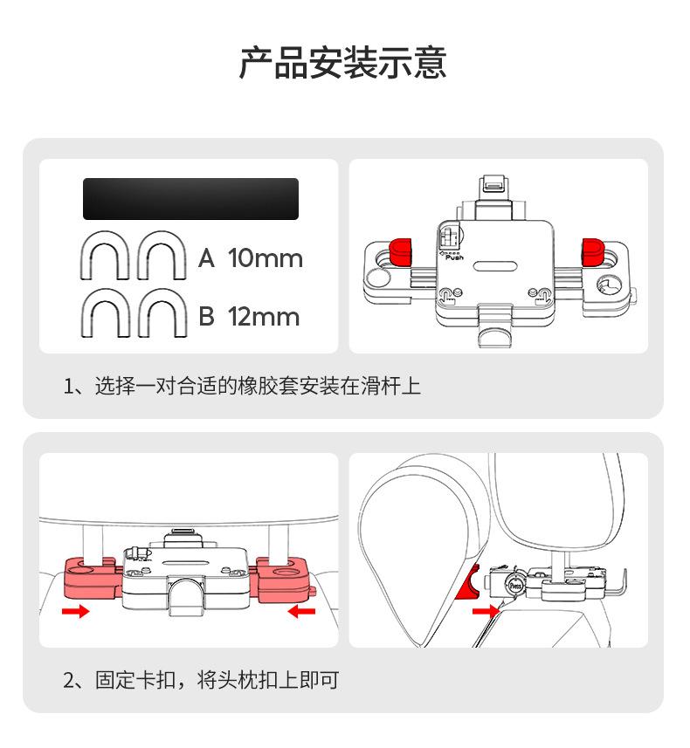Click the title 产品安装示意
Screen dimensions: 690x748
tap(343, 64)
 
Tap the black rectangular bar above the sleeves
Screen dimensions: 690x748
tap(190, 199)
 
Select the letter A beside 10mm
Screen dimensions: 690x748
tap(206, 258)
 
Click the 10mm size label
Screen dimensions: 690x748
tap(266, 258)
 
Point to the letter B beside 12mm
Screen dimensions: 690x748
tap(206, 317)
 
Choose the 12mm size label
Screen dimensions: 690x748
tap(264, 317)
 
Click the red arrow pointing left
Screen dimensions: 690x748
tap(302, 612)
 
